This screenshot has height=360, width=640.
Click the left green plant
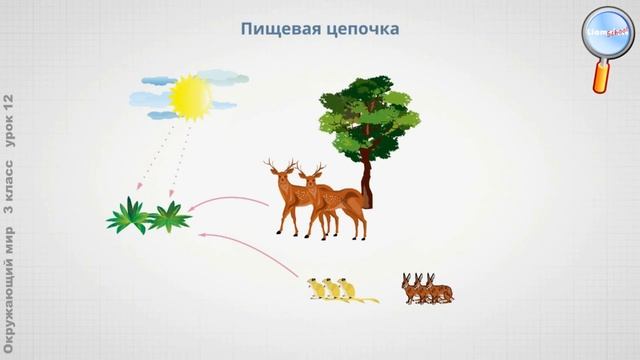(x=127, y=216)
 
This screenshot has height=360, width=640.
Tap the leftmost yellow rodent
(x=317, y=289)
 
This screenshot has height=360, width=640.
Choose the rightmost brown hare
(x=440, y=290)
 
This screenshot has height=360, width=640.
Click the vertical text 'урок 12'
(x=10, y=121)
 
